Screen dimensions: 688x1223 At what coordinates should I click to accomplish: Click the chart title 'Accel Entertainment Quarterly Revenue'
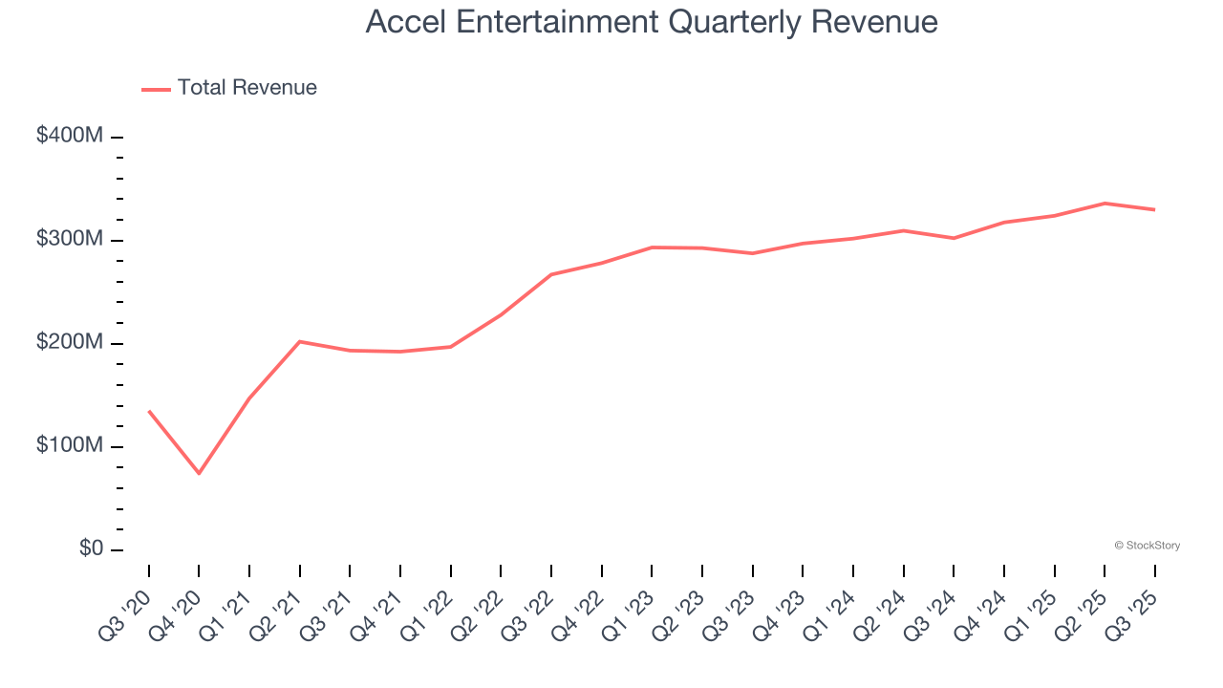[652, 22]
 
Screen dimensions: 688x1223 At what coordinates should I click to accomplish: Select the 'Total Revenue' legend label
[247, 88]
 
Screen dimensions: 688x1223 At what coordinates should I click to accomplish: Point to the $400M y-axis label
[70, 136]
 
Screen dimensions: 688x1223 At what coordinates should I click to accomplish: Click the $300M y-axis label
[70, 239]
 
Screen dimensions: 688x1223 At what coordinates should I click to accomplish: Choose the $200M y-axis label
[70, 342]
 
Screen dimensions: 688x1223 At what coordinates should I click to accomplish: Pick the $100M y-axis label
[70, 445]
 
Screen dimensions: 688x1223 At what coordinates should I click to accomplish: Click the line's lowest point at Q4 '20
[199, 473]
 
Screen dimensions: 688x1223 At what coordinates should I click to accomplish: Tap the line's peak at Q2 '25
[1105, 204]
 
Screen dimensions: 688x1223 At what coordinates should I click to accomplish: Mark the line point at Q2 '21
[300, 341]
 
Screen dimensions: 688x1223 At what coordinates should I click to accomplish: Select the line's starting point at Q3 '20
[149, 411]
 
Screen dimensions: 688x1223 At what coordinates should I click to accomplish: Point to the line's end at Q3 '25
[1154, 209]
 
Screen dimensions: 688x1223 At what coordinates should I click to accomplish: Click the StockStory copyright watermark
[1147, 546]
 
